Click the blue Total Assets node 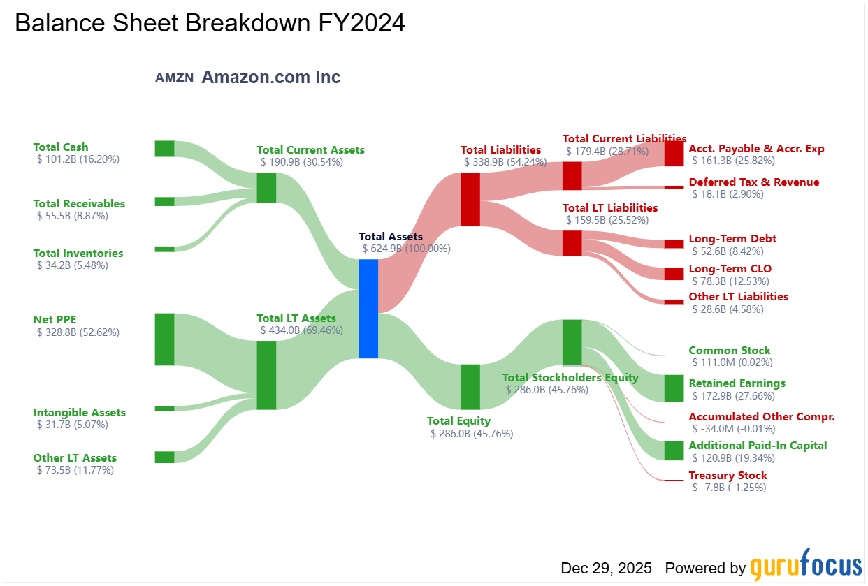[x=368, y=309]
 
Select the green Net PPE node [x=165, y=339]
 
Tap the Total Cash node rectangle [x=165, y=149]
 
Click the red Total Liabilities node [x=470, y=200]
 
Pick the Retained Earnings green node [x=674, y=388]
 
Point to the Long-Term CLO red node [x=674, y=274]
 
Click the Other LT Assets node [x=165, y=457]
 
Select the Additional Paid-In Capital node [x=674, y=451]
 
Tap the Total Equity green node [x=470, y=387]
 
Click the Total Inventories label [x=78, y=254]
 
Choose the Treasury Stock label [x=728, y=475]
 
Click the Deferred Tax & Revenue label [x=754, y=182]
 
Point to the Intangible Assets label [x=80, y=413]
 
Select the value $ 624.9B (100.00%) [x=407, y=249]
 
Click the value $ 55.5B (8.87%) [x=73, y=216]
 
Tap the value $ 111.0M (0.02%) [x=732, y=362]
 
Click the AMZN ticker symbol [x=175, y=78]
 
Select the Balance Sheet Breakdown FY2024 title [x=210, y=23]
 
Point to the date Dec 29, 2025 [x=606, y=568]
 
